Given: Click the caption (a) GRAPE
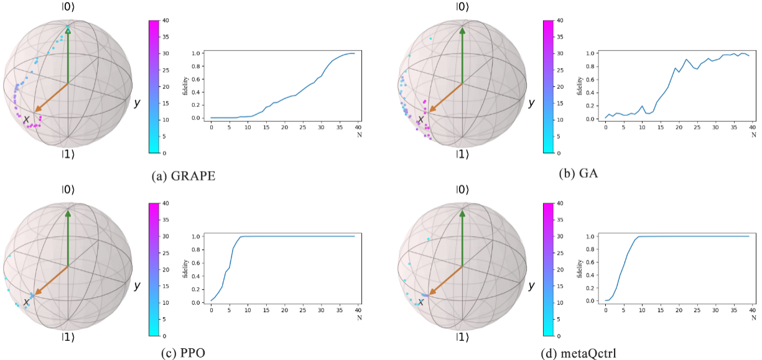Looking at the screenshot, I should pos(184,176).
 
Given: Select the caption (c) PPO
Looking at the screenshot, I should pos(184,353).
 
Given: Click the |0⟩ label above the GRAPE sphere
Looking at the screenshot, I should pos(68,7).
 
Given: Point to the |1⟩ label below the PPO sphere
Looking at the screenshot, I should pos(68,338).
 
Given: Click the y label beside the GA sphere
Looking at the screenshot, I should pos(531,103).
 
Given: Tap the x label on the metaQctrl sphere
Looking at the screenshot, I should pos(420,302).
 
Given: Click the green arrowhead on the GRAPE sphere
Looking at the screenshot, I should pos(68,31).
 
